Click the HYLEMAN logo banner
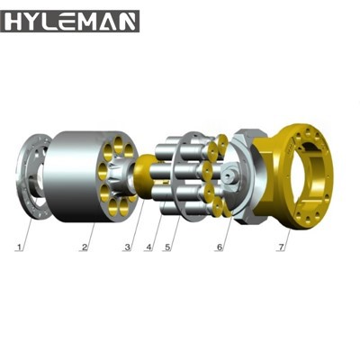70,19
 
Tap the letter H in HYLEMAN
15,19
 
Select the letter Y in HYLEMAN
34,19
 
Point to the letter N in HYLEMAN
127,19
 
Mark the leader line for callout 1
24,229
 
